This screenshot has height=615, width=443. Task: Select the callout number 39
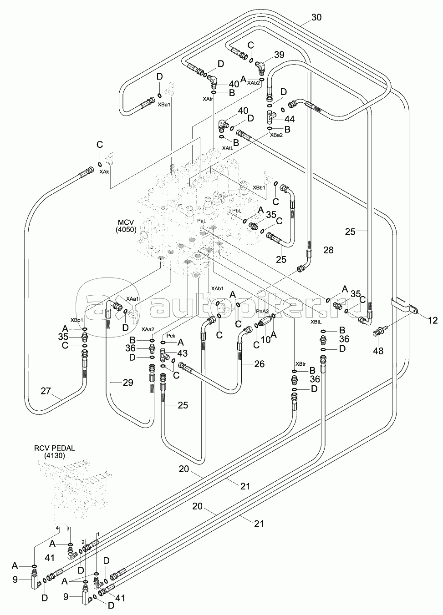tap(279, 55)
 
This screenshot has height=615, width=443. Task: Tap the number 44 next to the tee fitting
tap(289, 119)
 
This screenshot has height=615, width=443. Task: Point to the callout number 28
tap(328, 250)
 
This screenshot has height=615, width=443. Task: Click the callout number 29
tap(128, 383)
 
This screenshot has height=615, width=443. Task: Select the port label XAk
tap(104, 171)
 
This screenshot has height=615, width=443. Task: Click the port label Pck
tap(170, 335)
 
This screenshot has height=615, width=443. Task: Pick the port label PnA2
tap(262, 312)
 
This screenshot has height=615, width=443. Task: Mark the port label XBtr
tap(300, 364)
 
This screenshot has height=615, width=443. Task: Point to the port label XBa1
tap(164, 105)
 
